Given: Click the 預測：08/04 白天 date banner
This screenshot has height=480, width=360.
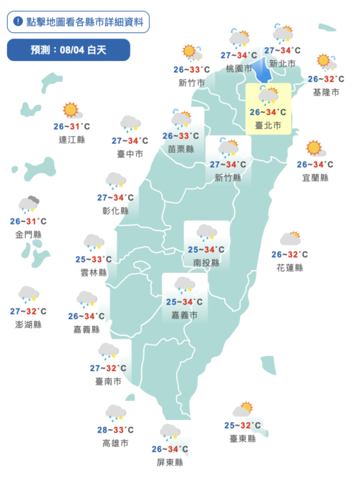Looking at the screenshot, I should point(69,49).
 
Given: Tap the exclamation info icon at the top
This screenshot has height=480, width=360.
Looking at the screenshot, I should point(17,21).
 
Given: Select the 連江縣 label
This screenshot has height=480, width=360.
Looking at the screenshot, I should point(72,140).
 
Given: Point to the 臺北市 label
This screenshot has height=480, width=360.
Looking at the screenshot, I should point(268,125).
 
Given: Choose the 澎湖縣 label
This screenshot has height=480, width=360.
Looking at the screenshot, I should point(28,325).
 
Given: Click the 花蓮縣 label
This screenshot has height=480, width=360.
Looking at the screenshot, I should point(290,267).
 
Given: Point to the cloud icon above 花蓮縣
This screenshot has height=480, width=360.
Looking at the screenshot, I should point(290,239).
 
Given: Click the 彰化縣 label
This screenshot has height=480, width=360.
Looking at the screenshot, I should point(115,211).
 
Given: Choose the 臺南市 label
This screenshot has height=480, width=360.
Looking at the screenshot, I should point(105,381).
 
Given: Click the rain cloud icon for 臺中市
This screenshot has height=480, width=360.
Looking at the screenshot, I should point(130,124).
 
